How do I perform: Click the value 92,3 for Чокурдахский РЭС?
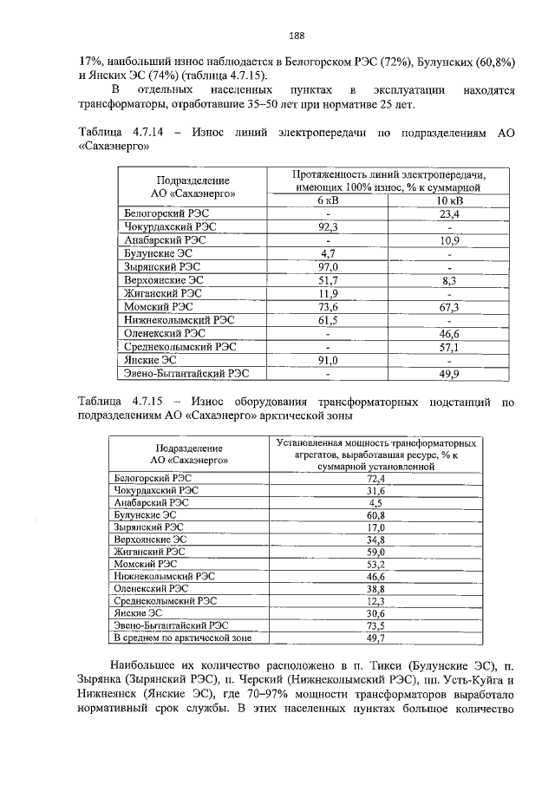point(329,226)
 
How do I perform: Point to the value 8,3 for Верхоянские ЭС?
point(449,280)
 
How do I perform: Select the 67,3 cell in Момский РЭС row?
point(449,307)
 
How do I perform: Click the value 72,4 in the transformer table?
point(375,478)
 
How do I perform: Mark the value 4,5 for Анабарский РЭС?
point(375,502)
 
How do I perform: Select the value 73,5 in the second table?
point(375,625)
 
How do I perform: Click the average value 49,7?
point(375,638)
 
